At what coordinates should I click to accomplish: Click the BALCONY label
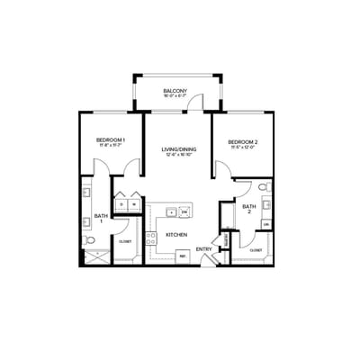[175, 91]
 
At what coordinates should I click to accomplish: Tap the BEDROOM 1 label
[111, 139]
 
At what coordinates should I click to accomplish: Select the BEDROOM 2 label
[242, 142]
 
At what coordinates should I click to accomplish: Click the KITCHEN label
[175, 236]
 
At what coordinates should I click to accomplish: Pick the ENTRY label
[204, 249]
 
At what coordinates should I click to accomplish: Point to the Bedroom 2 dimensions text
[242, 148]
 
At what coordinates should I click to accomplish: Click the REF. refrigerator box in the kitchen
[183, 256]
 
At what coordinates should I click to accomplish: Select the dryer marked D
[121, 203]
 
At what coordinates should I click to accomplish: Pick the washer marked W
[133, 203]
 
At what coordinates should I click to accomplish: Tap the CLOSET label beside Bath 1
[125, 242]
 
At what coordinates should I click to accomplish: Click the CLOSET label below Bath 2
[256, 249]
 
